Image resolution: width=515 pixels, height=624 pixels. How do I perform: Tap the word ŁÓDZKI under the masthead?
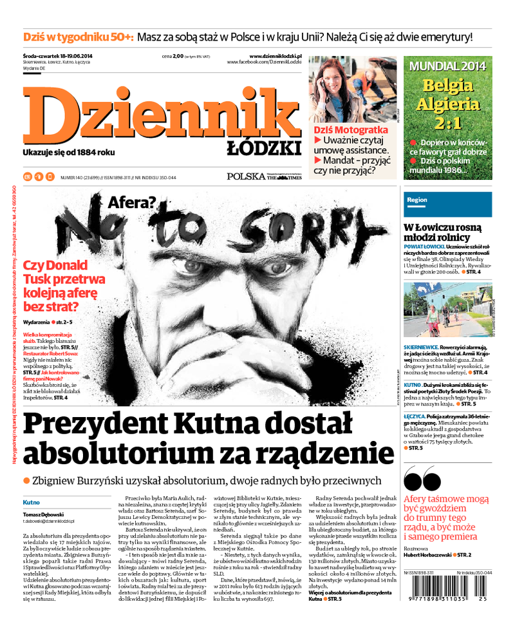264,149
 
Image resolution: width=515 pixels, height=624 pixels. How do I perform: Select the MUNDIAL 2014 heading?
447,66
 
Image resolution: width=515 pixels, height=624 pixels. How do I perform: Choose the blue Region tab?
417,200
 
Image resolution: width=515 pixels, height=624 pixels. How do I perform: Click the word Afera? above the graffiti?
131,204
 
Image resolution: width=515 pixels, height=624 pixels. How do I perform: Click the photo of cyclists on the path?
447,310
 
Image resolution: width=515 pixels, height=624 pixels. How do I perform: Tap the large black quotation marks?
422,480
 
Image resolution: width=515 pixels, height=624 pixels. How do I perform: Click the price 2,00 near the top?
177,56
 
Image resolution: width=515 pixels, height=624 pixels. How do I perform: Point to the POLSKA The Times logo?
263,176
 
